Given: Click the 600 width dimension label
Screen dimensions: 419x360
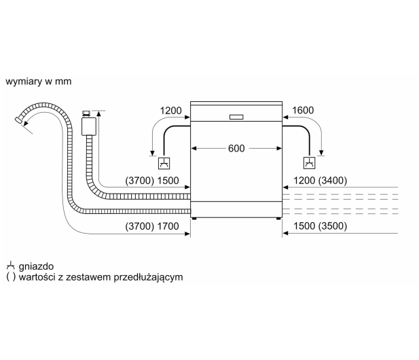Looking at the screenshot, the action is click(236, 148).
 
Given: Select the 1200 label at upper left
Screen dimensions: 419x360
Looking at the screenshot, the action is click(170, 111).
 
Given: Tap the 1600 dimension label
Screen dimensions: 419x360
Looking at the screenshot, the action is click(303, 110).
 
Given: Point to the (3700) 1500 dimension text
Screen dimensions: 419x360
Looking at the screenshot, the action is click(152, 181).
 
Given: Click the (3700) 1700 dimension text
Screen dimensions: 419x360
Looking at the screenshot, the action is click(152, 226).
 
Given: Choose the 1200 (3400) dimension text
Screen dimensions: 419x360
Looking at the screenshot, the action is click(320, 181).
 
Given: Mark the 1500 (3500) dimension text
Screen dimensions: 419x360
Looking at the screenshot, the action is click(320, 226).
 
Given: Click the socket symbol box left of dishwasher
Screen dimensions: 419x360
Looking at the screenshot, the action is click(164, 163).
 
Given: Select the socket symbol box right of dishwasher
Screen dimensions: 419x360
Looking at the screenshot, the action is click(309, 163).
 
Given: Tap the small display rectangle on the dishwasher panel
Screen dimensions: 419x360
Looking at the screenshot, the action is click(236, 117).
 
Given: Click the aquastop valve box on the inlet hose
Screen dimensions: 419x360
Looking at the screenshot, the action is click(89, 126).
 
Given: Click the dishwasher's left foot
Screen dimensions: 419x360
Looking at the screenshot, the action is click(194, 219).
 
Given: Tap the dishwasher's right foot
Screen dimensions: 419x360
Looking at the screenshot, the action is click(278, 219).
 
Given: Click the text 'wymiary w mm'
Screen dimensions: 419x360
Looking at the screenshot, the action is click(39, 82).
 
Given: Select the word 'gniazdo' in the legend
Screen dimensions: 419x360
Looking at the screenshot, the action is click(36, 266).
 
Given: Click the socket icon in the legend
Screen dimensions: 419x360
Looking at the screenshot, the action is click(10, 266).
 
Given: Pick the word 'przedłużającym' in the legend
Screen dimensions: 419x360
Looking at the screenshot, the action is click(148, 277).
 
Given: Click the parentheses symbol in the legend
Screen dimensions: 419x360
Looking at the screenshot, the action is click(11, 277).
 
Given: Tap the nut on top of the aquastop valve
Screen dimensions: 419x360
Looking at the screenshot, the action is click(86, 113).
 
